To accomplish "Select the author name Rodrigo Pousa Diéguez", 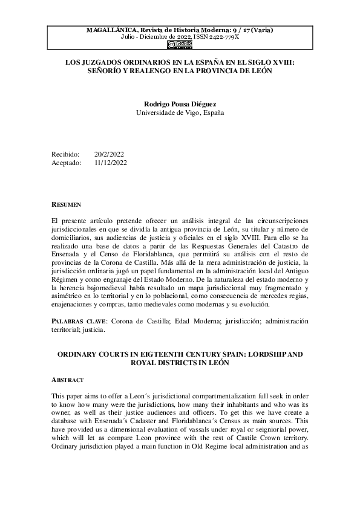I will [180, 103].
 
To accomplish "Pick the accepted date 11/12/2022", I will [111, 163].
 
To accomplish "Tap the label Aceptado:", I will [67, 163].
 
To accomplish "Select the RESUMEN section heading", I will [67, 205].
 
